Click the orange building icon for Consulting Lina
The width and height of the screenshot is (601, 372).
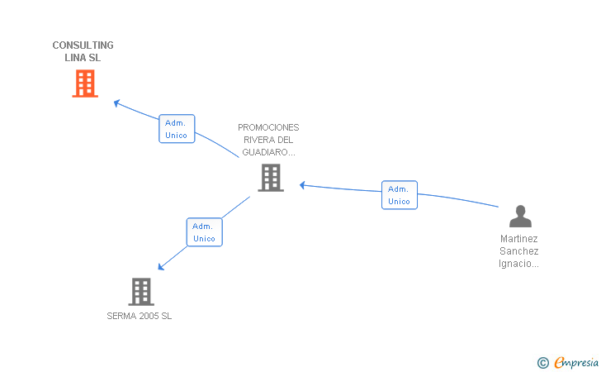coord(85,83)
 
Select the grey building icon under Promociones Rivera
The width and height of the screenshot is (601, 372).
coord(271,178)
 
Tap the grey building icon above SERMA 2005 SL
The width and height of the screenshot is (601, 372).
coord(141,292)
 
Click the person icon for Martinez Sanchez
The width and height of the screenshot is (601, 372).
coord(520,216)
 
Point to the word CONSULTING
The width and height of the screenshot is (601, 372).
coord(83,45)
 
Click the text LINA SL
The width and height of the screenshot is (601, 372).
coord(83,58)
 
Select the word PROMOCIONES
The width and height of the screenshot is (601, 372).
coord(268,127)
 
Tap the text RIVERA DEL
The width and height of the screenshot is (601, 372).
coord(268,140)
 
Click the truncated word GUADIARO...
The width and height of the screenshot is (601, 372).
coord(268,152)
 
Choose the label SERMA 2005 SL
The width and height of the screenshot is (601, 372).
coord(140,316)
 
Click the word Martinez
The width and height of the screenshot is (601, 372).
coord(519,239)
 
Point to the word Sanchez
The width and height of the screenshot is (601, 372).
coord(519,251)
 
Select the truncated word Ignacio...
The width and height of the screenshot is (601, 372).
coord(518,264)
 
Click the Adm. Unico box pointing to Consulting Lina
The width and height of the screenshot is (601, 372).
coord(177,129)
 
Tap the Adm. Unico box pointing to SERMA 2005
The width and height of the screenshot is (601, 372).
coord(204,231)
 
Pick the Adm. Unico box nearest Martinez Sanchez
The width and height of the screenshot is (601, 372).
coord(400,195)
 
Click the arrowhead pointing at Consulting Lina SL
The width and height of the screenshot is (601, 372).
coord(116,103)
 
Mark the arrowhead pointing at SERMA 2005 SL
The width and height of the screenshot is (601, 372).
coord(161,267)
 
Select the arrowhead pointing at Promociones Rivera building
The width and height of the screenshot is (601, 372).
coord(302,185)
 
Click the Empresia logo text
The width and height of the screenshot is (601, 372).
coord(576,362)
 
